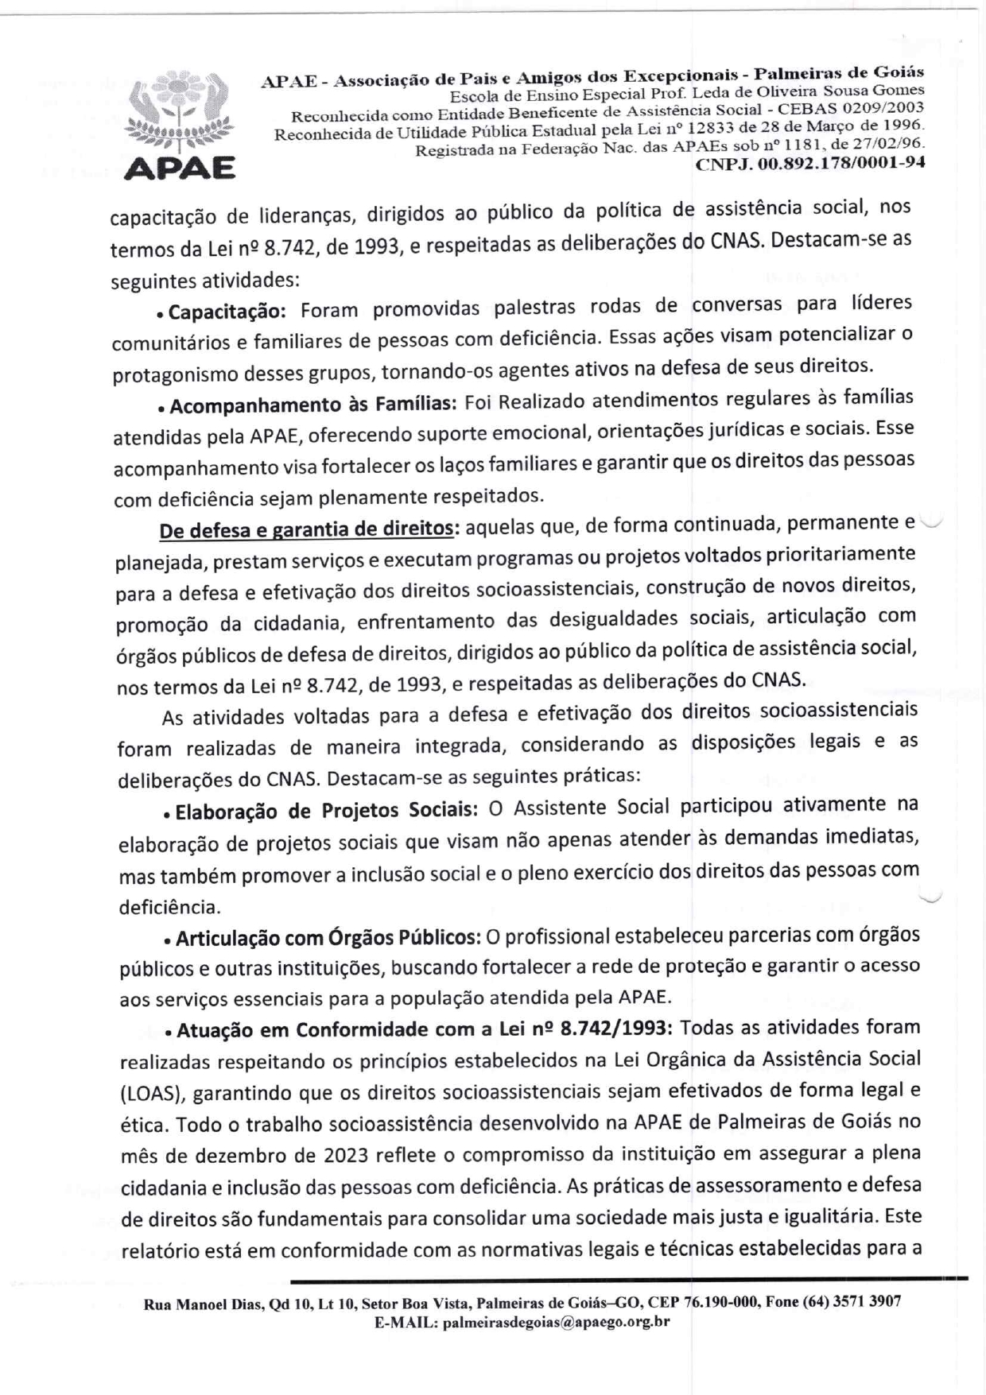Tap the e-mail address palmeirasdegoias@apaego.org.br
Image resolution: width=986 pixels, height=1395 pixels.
pyautogui.click(x=556, y=1322)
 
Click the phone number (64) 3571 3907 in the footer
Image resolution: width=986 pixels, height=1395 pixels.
pyautogui.click(x=852, y=1302)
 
